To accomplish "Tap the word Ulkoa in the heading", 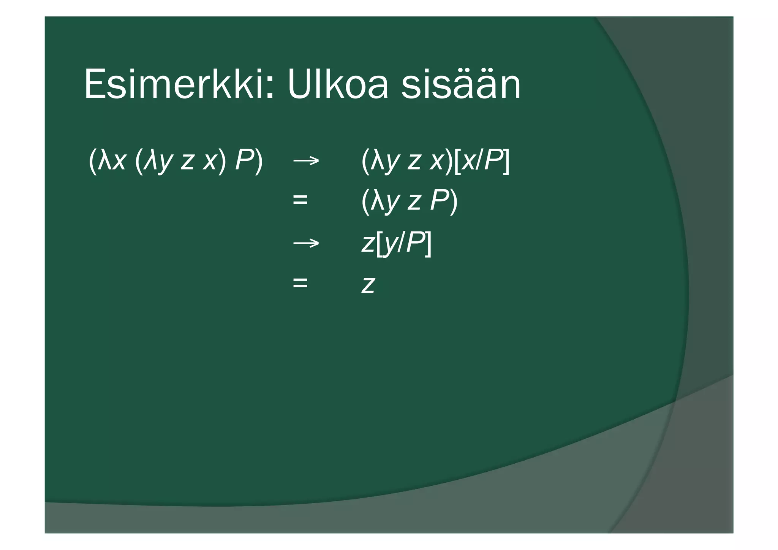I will pyautogui.click(x=338, y=84).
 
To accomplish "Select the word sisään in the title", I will pyautogui.click(x=461, y=84).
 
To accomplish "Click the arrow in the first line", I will pyautogui.click(x=306, y=161).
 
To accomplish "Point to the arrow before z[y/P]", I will pyautogui.click(x=306, y=243).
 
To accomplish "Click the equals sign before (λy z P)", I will pyautogui.click(x=300, y=200).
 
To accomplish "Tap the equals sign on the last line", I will pyautogui.click(x=300, y=283).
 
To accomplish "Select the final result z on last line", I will pyautogui.click(x=368, y=284).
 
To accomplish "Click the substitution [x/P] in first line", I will pyautogui.click(x=482, y=161).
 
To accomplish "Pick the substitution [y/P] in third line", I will pyautogui.click(x=403, y=243).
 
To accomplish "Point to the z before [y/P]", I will pyautogui.click(x=368, y=243).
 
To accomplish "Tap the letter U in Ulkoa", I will pyautogui.click(x=300, y=84).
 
